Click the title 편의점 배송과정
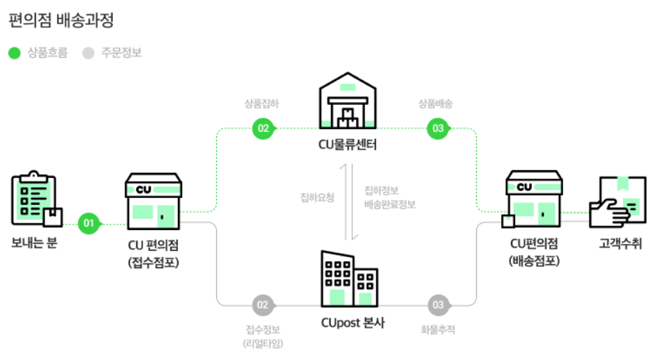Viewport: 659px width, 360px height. pyautogui.click(x=61, y=20)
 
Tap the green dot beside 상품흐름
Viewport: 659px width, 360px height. pyautogui.click(x=15, y=53)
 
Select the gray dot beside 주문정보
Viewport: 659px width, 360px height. pyautogui.click(x=88, y=53)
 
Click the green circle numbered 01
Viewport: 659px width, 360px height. pyautogui.click(x=88, y=224)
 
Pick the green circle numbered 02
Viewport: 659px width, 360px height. pyautogui.click(x=263, y=129)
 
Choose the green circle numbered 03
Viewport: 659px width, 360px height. pyautogui.click(x=438, y=129)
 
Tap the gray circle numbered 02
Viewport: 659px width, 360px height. pyautogui.click(x=263, y=304)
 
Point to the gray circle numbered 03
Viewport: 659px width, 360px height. pyautogui.click(x=438, y=304)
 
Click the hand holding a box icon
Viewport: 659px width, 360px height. pyautogui.click(x=617, y=202)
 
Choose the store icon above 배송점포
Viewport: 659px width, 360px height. pyautogui.click(x=533, y=202)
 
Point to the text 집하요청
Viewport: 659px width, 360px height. pyautogui.click(x=317, y=197)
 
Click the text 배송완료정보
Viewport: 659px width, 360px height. pyautogui.click(x=390, y=204)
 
